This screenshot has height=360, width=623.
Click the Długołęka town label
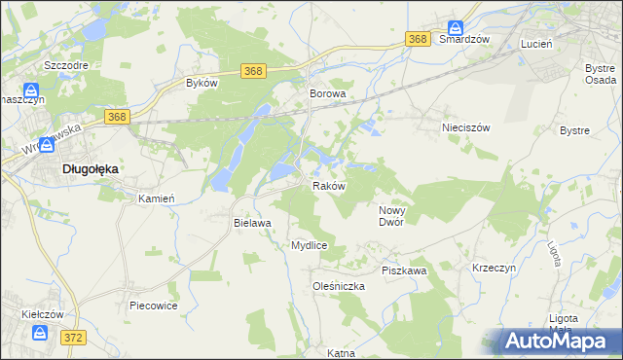pyautogui.click(x=91, y=168)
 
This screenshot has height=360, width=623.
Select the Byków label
pyautogui.click(x=201, y=84)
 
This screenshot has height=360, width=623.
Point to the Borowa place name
pyautogui.click(x=328, y=94)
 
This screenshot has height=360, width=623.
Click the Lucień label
pyautogui.click(x=536, y=45)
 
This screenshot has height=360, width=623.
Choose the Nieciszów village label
pyautogui.click(x=464, y=127)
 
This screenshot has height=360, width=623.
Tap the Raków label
pyautogui.click(x=328, y=186)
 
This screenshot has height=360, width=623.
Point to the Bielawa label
pyautogui.click(x=251, y=223)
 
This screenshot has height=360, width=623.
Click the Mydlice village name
pyautogui.click(x=309, y=246)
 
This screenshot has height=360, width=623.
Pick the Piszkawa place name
pyautogui.click(x=404, y=270)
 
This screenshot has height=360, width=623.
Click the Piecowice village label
pyautogui.click(x=152, y=306)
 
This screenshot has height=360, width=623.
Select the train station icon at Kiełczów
pyautogui.click(x=41, y=333)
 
